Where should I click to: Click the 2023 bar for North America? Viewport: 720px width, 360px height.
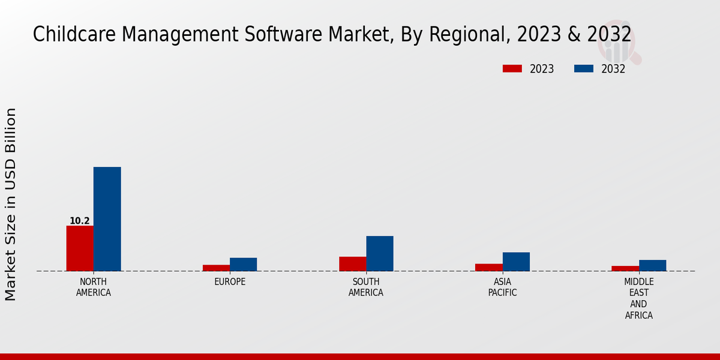coord(80,248)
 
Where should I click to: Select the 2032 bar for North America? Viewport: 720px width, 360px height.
coord(107,219)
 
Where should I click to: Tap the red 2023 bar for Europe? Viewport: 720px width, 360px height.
coord(216,268)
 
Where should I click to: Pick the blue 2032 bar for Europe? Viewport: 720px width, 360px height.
coord(243,265)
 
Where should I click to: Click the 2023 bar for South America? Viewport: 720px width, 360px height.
coord(352,264)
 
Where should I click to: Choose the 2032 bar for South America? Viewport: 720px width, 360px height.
coord(380,253)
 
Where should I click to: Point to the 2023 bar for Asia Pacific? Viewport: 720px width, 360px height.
coord(488,267)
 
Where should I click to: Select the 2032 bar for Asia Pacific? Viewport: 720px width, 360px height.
coord(516,262)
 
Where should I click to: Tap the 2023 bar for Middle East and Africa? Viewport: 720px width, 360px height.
coord(625,268)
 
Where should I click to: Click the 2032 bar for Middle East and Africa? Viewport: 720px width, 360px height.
coord(652,265)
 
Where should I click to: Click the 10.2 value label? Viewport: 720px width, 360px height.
coord(80,221)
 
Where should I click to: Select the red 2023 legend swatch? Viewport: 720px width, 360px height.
coord(512,68)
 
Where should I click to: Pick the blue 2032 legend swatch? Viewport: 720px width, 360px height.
coord(583,68)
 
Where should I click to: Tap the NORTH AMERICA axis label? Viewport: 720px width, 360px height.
coord(94,287)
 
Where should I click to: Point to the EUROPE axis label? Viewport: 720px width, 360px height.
coord(230,281)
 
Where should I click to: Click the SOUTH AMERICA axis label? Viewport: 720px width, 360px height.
coord(366,287)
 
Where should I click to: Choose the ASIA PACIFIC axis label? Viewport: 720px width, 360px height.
coord(502,287)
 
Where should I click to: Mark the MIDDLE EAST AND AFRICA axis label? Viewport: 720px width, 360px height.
coord(639,298)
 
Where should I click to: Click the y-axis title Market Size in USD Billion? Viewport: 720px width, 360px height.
coord(11,204)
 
